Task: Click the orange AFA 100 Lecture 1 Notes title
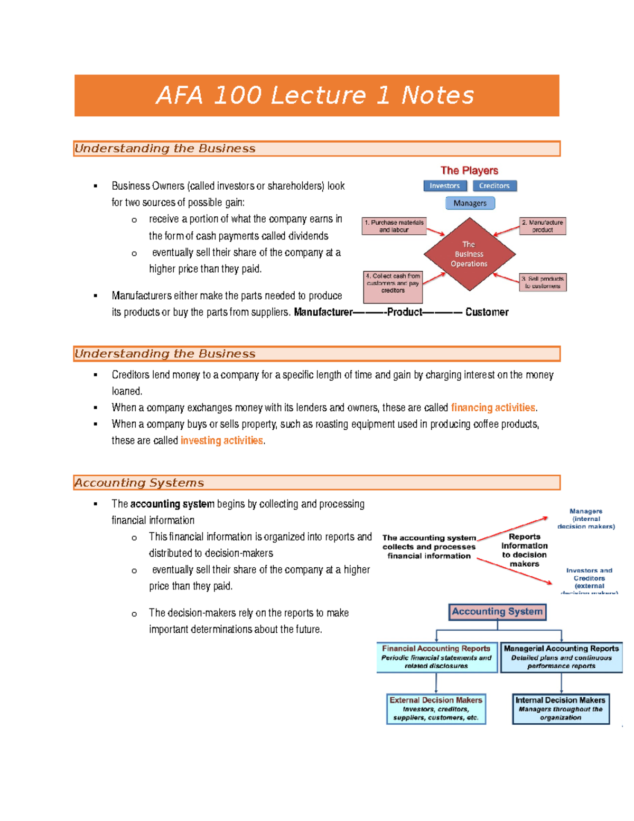point(315,96)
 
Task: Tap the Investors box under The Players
point(445,186)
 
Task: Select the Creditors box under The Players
point(495,186)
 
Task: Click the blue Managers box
point(470,203)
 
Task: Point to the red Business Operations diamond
point(469,254)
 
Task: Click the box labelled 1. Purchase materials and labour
point(394,226)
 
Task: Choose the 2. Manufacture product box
point(543,226)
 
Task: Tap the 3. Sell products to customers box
point(543,282)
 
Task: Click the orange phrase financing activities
point(493,408)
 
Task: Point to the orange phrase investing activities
point(221,440)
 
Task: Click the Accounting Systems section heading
point(139,483)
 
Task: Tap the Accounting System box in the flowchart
point(497,612)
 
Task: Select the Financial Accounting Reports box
point(436,657)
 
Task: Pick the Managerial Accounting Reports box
point(561,657)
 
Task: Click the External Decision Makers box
point(436,708)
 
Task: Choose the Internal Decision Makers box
point(561,708)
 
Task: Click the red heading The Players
point(469,170)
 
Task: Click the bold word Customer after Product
point(487,312)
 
